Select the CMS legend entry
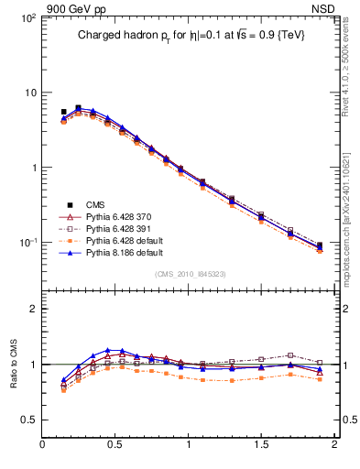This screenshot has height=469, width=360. pyautogui.click(x=96, y=204)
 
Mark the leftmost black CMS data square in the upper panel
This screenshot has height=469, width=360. pyautogui.click(x=63, y=112)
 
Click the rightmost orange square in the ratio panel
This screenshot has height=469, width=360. pyautogui.click(x=319, y=378)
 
